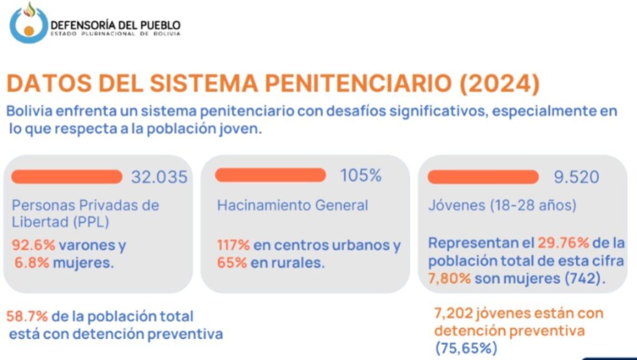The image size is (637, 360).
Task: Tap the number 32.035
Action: click(x=159, y=177)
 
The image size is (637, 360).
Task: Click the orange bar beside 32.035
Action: click(x=67, y=177)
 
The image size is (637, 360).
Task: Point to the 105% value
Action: click(x=360, y=175)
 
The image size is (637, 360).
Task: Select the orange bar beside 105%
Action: click(x=270, y=175)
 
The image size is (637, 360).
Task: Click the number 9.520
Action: click(x=576, y=177)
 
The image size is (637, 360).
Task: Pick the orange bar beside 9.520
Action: click(x=483, y=177)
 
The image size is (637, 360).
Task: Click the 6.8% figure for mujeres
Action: click(x=29, y=262)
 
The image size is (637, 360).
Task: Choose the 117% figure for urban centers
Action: click(x=233, y=246)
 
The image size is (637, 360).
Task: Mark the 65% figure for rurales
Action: click(x=229, y=262)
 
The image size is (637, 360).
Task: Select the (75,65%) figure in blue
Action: click(x=465, y=348)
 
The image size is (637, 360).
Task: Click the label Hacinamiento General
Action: click(x=292, y=205)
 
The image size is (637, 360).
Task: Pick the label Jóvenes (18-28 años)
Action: click(x=502, y=205)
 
